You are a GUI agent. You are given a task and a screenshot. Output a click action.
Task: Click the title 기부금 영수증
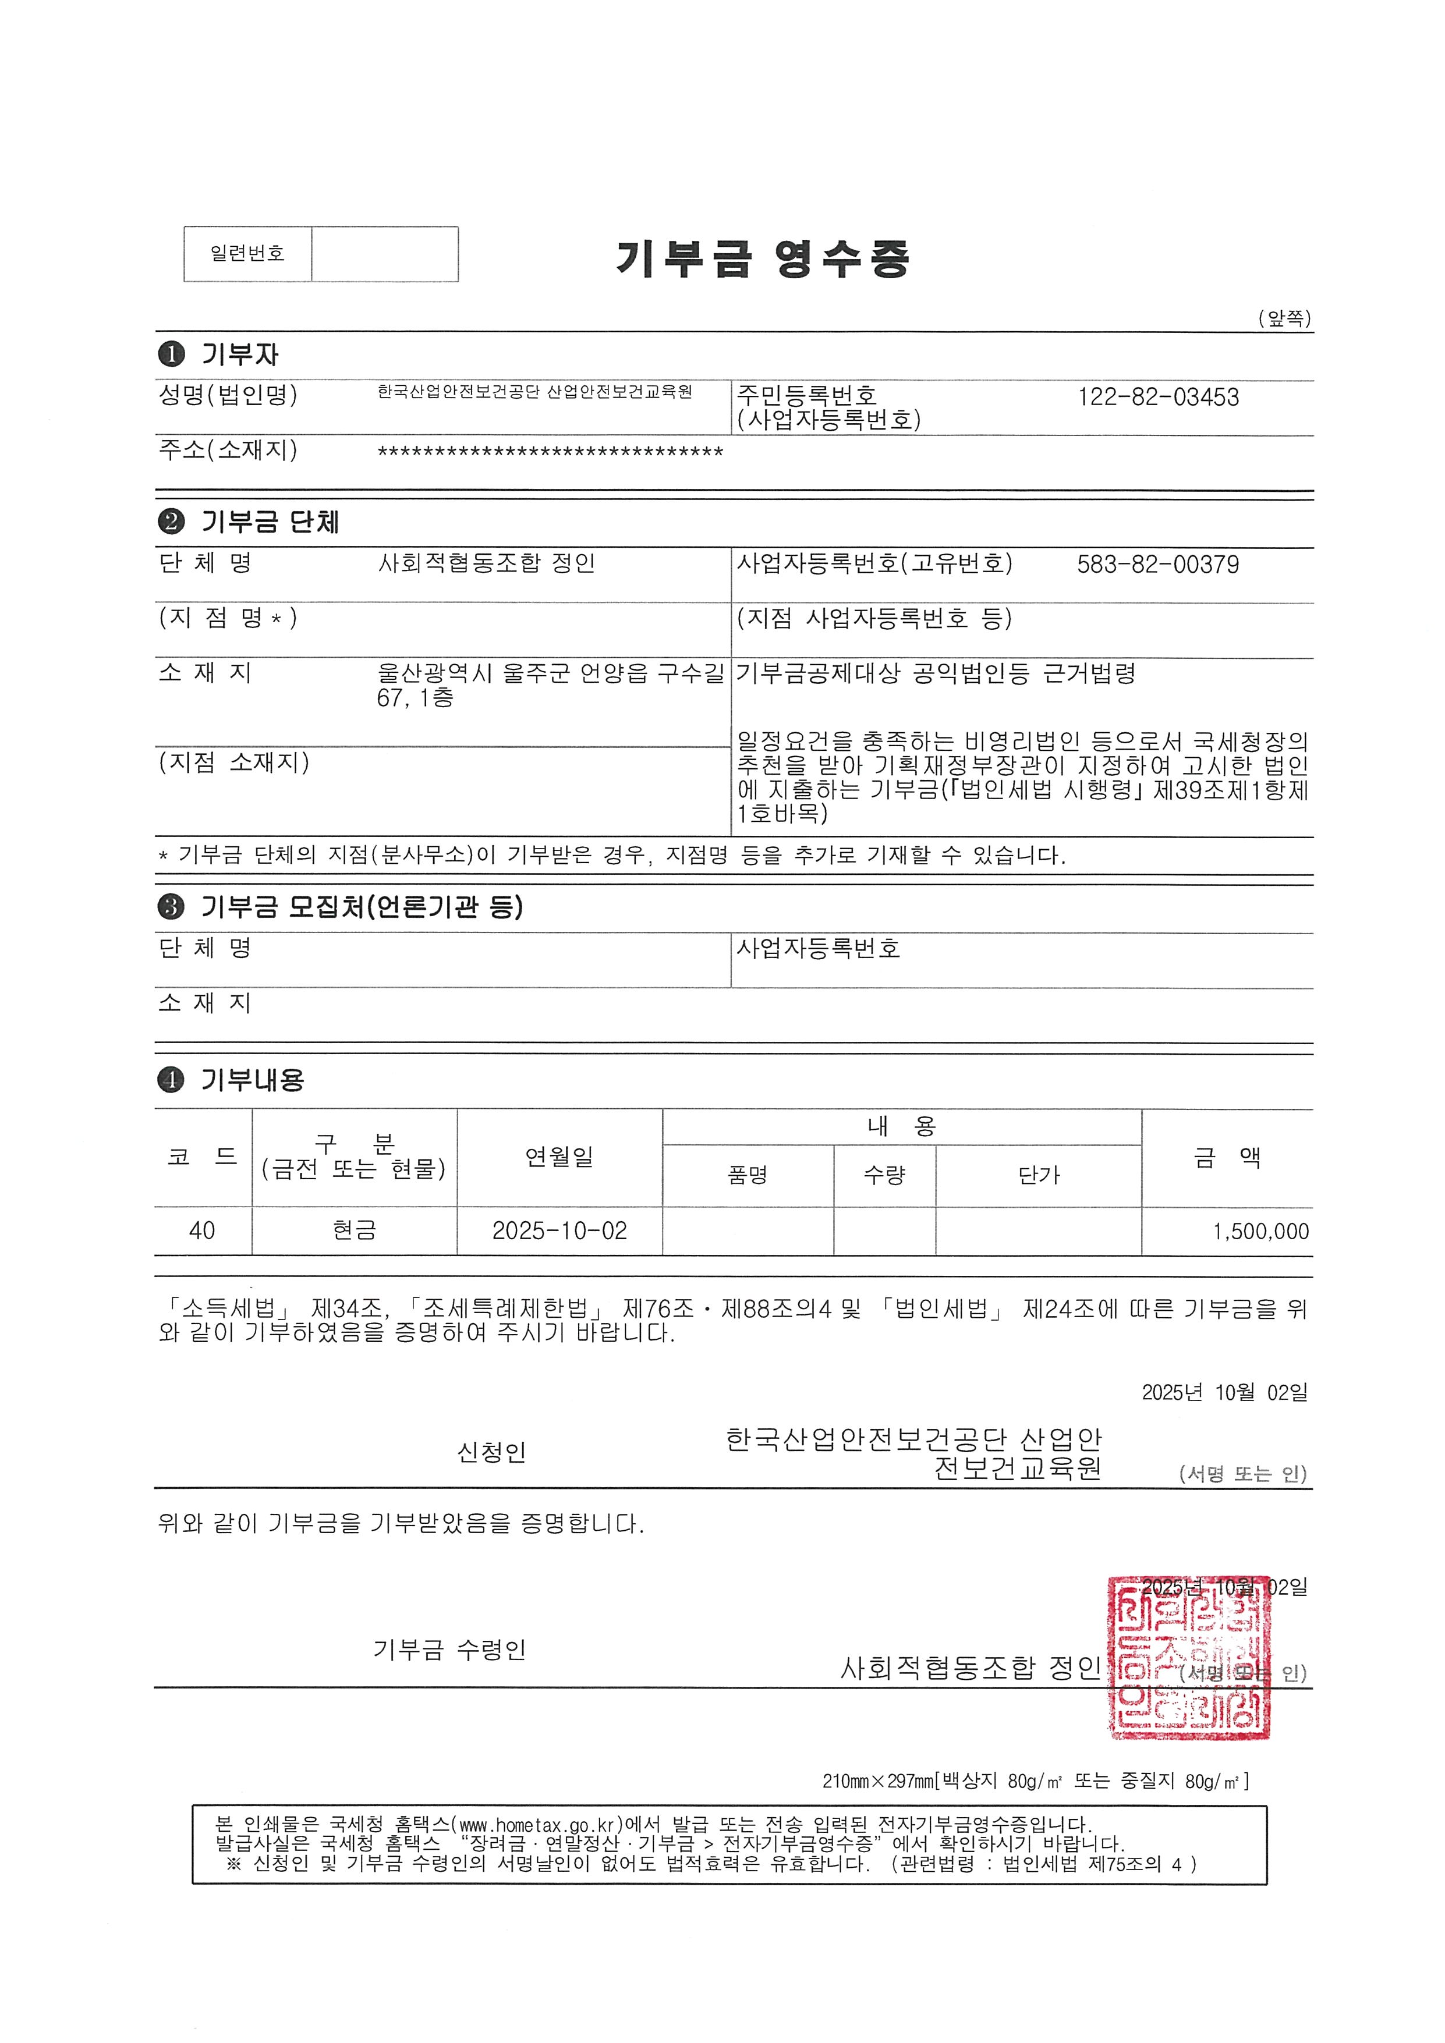click(x=763, y=259)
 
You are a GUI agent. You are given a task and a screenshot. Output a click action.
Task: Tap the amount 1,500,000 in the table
click(x=1260, y=1232)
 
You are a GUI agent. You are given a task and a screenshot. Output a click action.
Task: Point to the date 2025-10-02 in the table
click(x=559, y=1230)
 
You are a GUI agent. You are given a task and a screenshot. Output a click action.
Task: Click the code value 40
click(x=202, y=1230)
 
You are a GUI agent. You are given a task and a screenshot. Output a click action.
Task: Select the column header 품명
click(x=748, y=1175)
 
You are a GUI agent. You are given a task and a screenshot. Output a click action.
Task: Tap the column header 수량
click(x=884, y=1175)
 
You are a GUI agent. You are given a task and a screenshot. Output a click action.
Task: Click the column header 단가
click(x=1039, y=1175)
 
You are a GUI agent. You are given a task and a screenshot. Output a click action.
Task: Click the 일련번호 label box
click(x=247, y=254)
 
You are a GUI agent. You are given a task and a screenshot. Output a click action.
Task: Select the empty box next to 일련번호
click(x=384, y=254)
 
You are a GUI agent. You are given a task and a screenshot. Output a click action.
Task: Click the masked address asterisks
click(x=550, y=453)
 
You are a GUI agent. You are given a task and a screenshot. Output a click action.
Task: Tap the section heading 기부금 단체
click(x=269, y=522)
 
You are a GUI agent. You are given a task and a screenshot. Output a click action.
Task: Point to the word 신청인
click(x=491, y=1452)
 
